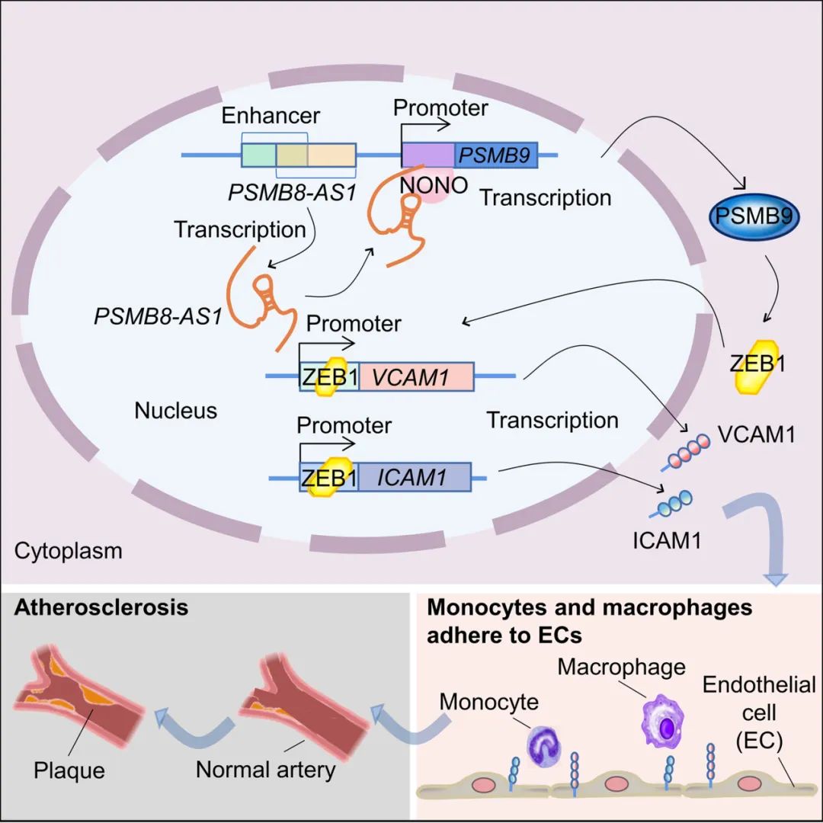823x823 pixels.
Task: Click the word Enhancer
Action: click(271, 116)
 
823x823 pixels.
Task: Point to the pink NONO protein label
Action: click(434, 185)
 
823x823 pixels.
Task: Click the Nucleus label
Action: click(176, 411)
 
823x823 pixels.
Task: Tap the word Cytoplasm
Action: click(69, 551)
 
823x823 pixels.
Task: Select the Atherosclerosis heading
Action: click(101, 607)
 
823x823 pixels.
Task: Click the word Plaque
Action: click(69, 770)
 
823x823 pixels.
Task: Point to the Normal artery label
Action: click(266, 770)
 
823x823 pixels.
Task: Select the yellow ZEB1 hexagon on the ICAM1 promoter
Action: click(330, 476)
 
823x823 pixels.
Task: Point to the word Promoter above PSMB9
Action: click(440, 107)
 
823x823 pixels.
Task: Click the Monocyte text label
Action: click(488, 702)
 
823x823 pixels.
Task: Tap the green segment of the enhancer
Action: click(259, 155)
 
